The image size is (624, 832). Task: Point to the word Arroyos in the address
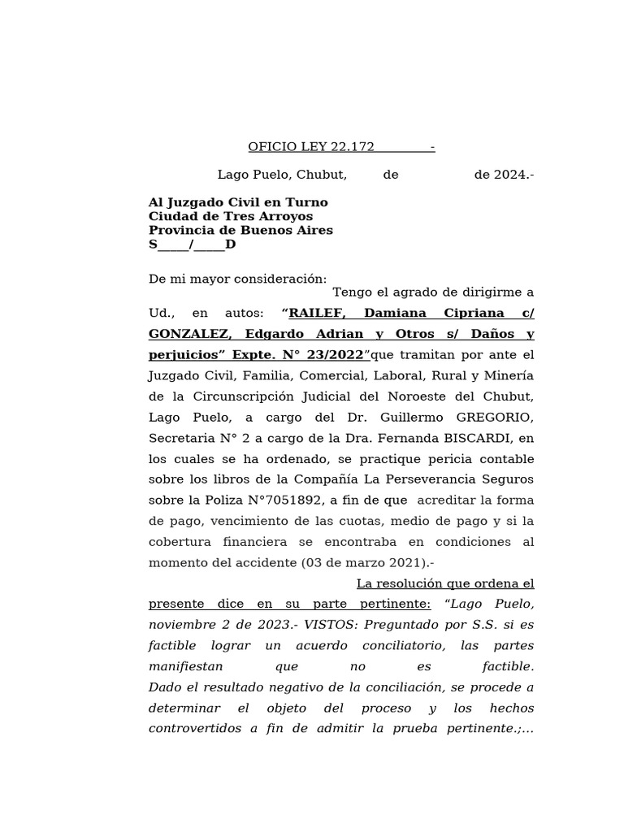coord(287,217)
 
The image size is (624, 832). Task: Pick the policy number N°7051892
coord(267,500)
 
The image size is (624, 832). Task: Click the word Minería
coord(509,375)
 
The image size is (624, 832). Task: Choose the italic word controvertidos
coord(193,729)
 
